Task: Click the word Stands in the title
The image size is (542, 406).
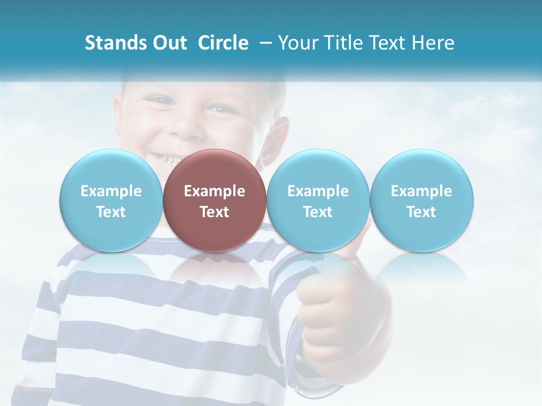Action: click(x=115, y=43)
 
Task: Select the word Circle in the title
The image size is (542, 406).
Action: click(x=223, y=43)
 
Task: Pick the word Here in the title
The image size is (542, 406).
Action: click(x=432, y=43)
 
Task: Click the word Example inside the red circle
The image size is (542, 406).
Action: click(x=214, y=191)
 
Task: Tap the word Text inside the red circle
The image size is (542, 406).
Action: click(x=214, y=212)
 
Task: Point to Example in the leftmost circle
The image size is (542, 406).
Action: click(x=111, y=191)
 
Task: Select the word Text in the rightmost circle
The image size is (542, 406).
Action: click(x=421, y=212)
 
